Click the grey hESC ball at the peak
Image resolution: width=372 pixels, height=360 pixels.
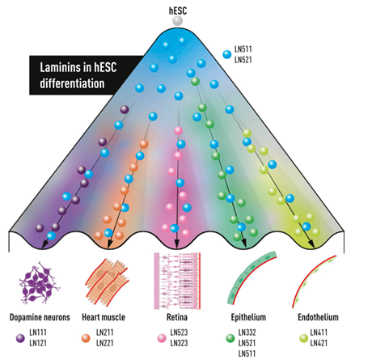178,21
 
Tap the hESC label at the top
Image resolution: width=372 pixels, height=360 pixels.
178,11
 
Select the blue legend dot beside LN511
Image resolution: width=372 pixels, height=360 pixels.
227,54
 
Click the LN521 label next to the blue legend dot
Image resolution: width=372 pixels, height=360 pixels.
243,60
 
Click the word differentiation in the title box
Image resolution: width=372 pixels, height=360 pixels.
72,83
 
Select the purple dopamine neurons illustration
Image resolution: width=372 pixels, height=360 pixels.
40,283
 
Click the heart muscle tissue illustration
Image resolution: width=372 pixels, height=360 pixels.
107,282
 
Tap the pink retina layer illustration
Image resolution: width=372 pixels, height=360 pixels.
177,281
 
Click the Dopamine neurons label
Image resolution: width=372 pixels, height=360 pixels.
40,317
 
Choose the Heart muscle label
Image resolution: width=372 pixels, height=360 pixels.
104,317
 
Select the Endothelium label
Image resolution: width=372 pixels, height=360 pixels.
318,317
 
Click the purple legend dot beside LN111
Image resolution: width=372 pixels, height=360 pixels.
20,338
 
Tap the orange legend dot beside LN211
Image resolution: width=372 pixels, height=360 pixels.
86,338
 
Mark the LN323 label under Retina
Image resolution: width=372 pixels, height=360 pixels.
179,343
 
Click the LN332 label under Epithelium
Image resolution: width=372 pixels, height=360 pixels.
247,332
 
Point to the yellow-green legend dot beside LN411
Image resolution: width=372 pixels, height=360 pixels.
304,338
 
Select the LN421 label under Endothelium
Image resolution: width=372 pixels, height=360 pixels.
319,343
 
